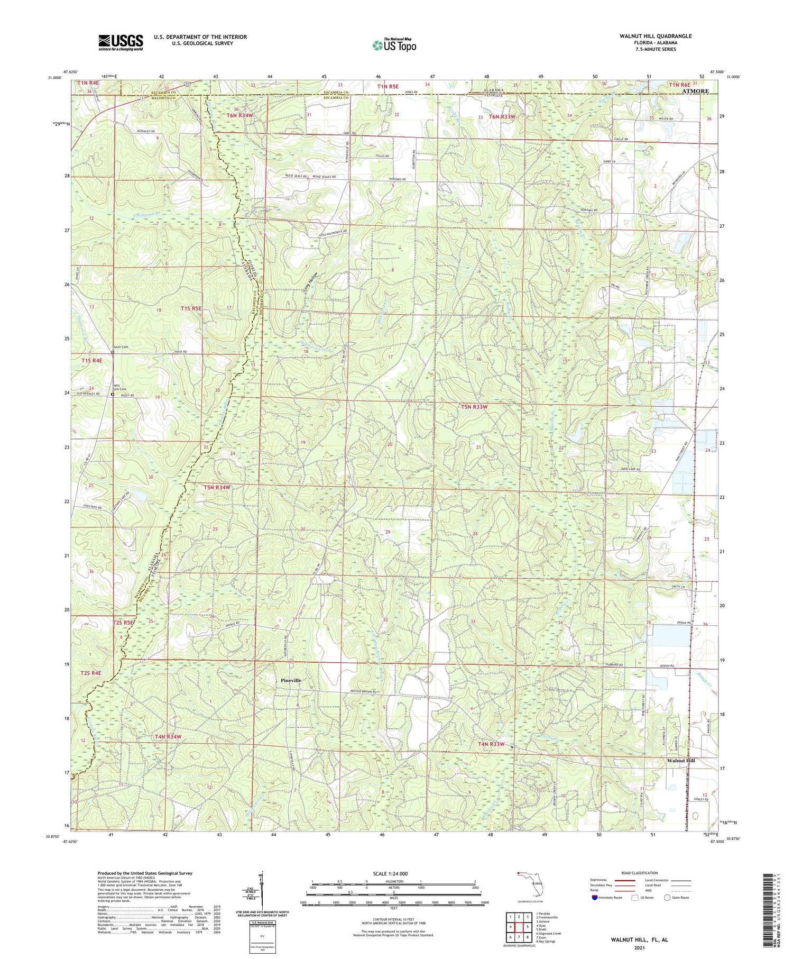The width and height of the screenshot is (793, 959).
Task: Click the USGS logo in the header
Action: [121, 42]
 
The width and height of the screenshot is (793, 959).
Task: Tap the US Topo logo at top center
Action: [394, 45]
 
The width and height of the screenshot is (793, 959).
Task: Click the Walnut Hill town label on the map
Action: [681, 760]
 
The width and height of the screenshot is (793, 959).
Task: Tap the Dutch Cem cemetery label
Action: [121, 347]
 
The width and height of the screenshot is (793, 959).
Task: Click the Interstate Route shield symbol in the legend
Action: [595, 898]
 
